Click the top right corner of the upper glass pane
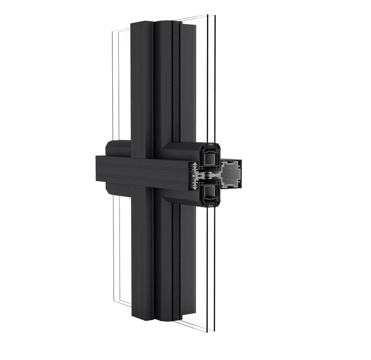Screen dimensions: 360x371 coord(215,16)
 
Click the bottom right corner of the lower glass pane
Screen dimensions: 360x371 coord(214,331)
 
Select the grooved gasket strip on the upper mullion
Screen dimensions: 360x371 coord(176,80)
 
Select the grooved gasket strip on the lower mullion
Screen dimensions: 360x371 coord(176,261)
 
